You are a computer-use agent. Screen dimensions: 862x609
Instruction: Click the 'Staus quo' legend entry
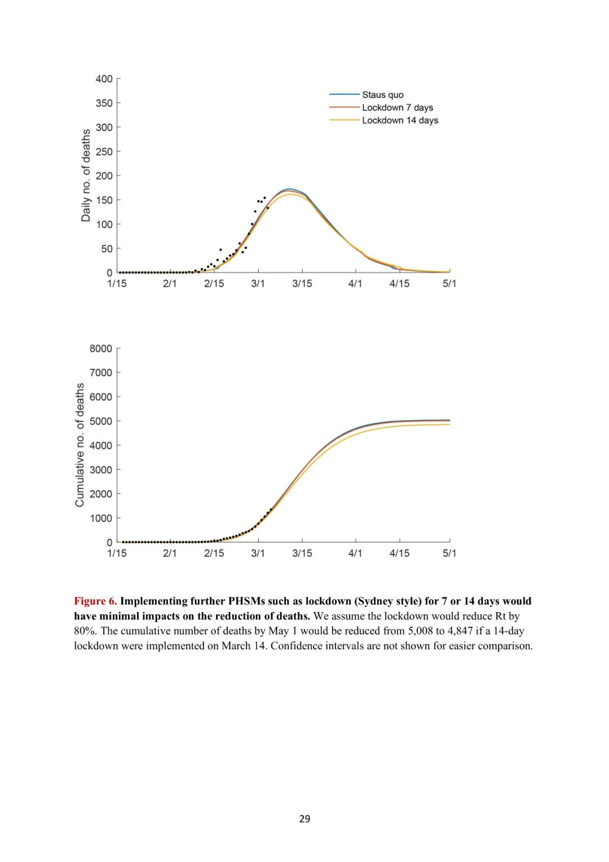point(382,95)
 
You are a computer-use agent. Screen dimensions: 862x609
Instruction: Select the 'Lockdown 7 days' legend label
point(398,108)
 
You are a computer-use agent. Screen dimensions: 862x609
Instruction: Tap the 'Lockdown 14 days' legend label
point(400,120)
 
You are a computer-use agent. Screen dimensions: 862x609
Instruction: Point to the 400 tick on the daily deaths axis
point(104,79)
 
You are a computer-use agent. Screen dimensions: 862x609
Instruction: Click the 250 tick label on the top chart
point(104,152)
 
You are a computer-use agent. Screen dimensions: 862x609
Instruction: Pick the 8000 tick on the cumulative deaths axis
point(101,349)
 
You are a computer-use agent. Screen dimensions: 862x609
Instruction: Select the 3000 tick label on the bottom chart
point(101,470)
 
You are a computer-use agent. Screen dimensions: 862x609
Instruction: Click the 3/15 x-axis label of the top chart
point(302,284)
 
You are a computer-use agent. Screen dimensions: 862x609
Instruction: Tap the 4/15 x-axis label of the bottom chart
point(399,553)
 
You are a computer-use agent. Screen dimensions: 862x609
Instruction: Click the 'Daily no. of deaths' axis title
point(86,175)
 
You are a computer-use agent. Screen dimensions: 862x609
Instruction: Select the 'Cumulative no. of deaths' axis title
point(80,445)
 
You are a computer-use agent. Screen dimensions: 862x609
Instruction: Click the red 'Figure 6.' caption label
point(95,601)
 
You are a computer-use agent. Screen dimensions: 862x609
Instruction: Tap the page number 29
point(304,819)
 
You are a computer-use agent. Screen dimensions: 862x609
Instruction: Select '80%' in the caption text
point(86,631)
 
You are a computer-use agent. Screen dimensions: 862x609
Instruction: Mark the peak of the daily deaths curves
point(289,190)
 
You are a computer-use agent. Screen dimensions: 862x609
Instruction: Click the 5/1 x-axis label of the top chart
point(449,284)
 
